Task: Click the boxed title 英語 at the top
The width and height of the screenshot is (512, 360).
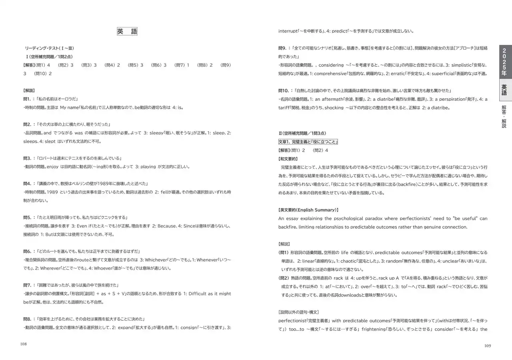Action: [127, 32]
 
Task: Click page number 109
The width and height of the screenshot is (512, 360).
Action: [487, 346]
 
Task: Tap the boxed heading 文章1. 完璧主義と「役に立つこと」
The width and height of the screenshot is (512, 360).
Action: [308, 142]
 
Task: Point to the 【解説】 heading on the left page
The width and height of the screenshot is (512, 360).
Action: [29, 90]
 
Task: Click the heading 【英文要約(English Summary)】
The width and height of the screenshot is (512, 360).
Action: [308, 210]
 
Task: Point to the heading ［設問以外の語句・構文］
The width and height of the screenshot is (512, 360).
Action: [298, 312]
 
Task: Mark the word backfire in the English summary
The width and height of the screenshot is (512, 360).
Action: [289, 227]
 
